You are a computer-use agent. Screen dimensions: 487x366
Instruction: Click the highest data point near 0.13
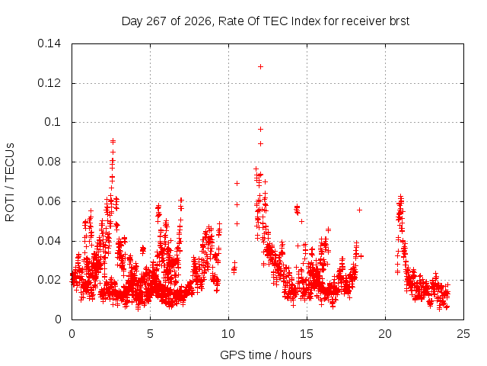click(260, 66)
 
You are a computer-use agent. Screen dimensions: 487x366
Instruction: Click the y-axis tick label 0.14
click(49, 43)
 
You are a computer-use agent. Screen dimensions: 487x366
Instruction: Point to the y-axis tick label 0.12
click(49, 83)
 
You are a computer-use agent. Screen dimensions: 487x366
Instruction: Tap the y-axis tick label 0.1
click(53, 122)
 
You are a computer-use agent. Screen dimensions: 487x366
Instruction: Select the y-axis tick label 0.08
click(49, 162)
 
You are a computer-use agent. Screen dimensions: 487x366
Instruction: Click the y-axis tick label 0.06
click(49, 201)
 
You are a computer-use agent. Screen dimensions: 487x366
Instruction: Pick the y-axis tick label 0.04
click(49, 241)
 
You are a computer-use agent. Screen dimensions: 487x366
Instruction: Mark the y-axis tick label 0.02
click(49, 280)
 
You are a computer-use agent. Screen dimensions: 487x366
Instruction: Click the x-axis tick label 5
click(151, 334)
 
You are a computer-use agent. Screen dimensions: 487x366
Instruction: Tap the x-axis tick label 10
click(228, 334)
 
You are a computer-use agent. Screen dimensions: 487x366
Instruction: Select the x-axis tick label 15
click(307, 334)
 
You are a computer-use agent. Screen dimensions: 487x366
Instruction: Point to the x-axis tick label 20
click(385, 334)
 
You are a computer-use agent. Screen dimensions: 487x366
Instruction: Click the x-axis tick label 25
click(463, 334)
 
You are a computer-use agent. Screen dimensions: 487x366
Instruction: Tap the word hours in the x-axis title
click(297, 355)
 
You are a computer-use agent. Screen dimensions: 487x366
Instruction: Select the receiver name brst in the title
click(399, 21)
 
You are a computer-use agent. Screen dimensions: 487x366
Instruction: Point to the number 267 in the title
click(157, 21)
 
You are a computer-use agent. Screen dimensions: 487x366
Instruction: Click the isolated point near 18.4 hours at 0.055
click(359, 210)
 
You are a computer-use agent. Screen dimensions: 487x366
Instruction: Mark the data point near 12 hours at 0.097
click(260, 129)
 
